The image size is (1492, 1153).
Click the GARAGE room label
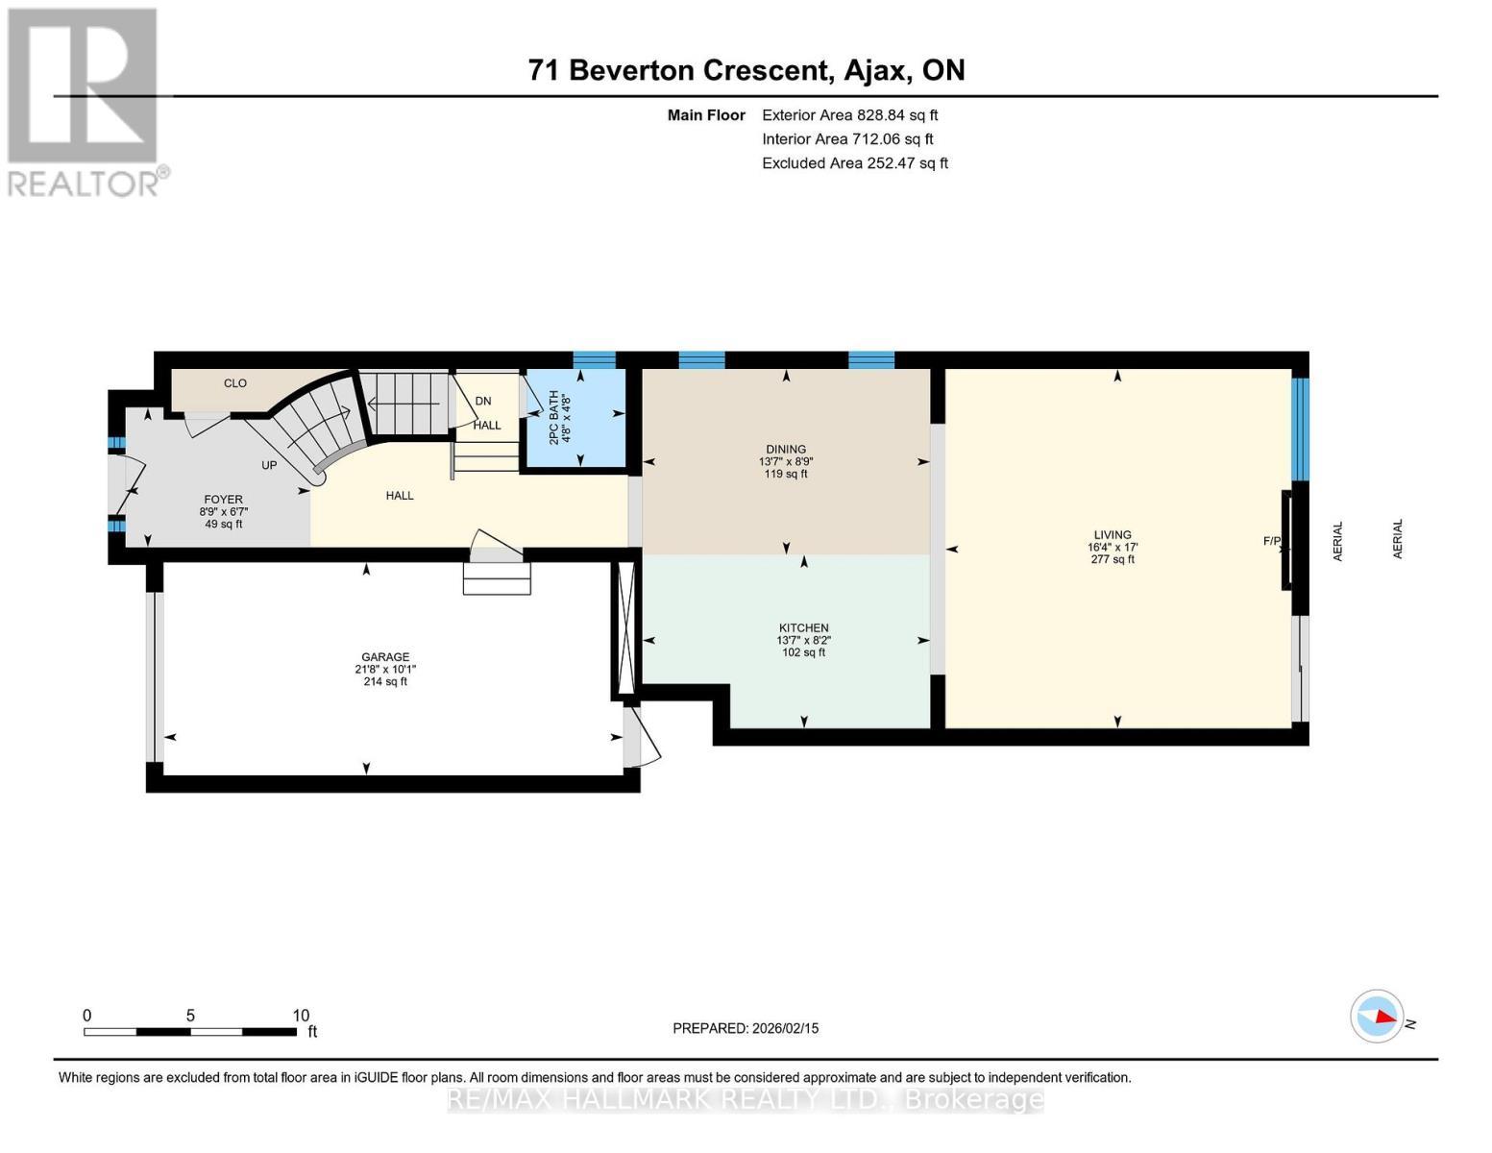click(x=385, y=656)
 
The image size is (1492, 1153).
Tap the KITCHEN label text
click(x=803, y=627)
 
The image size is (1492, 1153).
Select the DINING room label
click(x=786, y=449)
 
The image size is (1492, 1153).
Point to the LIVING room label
click(x=1113, y=534)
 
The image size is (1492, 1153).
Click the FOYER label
click(x=223, y=500)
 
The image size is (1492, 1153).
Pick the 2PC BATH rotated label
click(x=553, y=417)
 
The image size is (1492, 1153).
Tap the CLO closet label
click(x=234, y=383)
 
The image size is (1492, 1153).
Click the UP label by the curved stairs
click(x=269, y=465)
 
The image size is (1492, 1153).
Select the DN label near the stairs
click(x=483, y=401)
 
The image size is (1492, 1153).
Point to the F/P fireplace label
click(x=1272, y=541)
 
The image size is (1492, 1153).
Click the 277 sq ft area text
click(x=1113, y=559)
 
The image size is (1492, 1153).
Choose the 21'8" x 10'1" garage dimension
click(x=385, y=669)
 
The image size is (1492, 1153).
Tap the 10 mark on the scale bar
click(x=301, y=1015)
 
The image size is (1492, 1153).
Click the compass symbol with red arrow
click(x=1377, y=1017)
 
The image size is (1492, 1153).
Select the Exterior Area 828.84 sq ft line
click(x=850, y=115)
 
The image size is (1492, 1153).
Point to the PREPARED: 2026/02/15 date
click(x=746, y=1028)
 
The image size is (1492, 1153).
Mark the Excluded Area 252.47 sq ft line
click(x=855, y=163)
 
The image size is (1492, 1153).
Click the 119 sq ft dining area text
click(x=786, y=474)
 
